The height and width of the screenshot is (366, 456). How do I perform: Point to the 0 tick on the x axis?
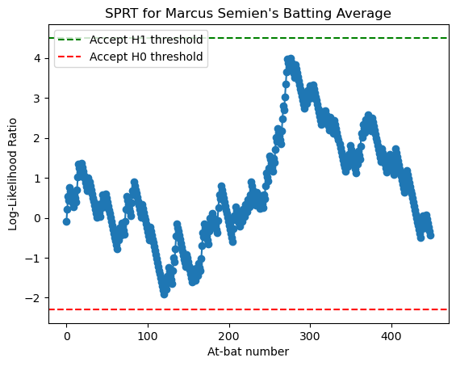[66, 335]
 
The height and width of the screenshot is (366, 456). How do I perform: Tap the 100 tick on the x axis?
[148, 335]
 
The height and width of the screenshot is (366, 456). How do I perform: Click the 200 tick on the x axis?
[229, 335]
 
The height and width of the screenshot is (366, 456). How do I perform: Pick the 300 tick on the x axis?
[311, 335]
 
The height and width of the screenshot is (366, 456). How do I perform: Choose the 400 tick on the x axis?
[392, 335]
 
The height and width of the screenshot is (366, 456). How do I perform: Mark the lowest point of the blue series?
[164, 294]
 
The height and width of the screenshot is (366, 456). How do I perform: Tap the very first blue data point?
[66, 221]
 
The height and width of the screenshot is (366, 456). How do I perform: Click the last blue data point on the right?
[430, 235]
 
